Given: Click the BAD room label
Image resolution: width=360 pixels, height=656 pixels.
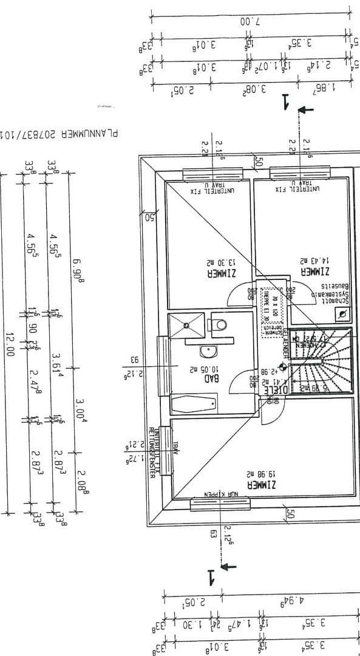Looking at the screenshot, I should point(211,377).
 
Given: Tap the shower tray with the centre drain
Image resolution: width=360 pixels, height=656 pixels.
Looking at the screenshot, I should point(186,326).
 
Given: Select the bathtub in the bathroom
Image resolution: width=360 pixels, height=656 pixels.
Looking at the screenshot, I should point(194,403).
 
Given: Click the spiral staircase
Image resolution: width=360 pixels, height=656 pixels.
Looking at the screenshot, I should point(321,360).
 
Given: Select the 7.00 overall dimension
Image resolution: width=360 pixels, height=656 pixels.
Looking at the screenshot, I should point(249,21).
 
